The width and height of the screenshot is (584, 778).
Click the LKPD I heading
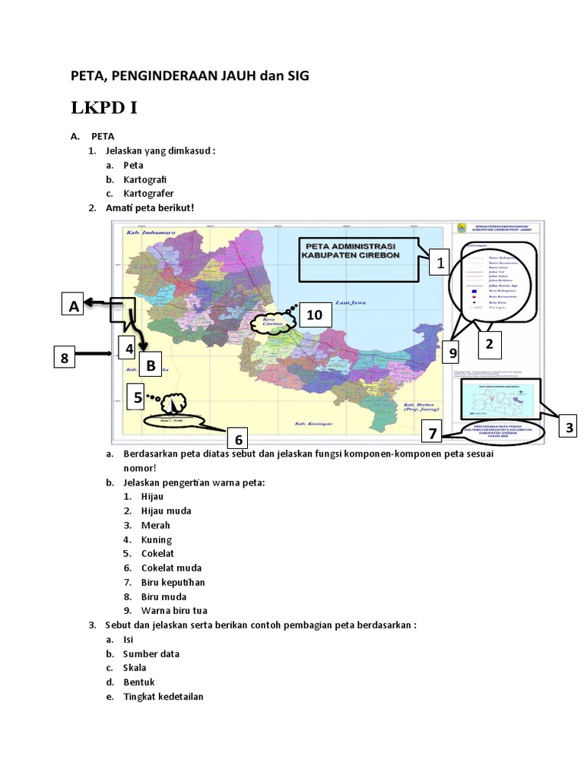[104, 108]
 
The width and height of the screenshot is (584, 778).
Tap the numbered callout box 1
[440, 263]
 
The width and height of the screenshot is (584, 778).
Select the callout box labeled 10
[314, 315]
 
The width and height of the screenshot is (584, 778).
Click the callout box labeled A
[73, 305]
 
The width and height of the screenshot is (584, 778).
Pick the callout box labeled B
[151, 366]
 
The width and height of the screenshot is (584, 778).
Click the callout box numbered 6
[238, 439]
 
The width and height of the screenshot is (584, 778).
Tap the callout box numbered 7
[432, 434]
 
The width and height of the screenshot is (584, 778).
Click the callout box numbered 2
[489, 344]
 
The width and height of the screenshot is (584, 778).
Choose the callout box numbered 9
[452, 353]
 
